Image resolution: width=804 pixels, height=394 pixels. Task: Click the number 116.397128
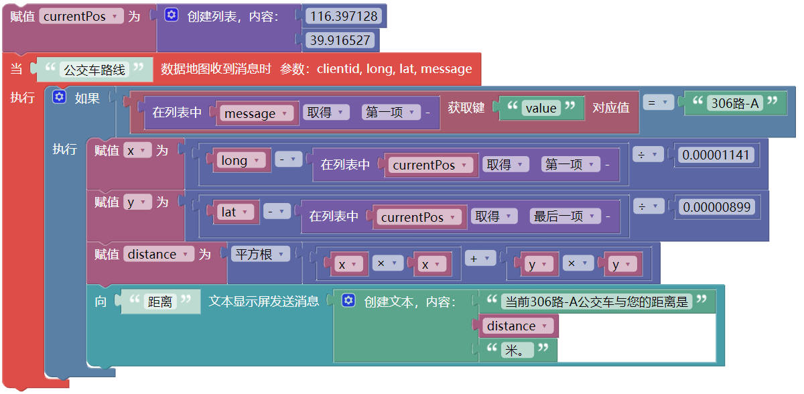(345, 15)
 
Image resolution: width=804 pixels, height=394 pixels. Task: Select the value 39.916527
(341, 40)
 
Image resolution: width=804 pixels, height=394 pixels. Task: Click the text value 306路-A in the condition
(735, 103)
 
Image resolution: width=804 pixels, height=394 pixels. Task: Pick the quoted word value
(541, 108)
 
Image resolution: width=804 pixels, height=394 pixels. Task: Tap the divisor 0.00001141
(716, 155)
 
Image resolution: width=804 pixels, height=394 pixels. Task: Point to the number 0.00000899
(716, 207)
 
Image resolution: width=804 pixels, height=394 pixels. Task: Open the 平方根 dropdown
(261, 254)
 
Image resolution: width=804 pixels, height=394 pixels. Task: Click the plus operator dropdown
(480, 259)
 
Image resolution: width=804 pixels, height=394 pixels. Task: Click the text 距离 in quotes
(159, 302)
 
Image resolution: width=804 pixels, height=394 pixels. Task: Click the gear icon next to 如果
(60, 97)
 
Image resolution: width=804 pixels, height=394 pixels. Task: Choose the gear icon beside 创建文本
(348, 301)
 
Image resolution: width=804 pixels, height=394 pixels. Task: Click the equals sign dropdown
(658, 103)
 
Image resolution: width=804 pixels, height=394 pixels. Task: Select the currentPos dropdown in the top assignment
(81, 16)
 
